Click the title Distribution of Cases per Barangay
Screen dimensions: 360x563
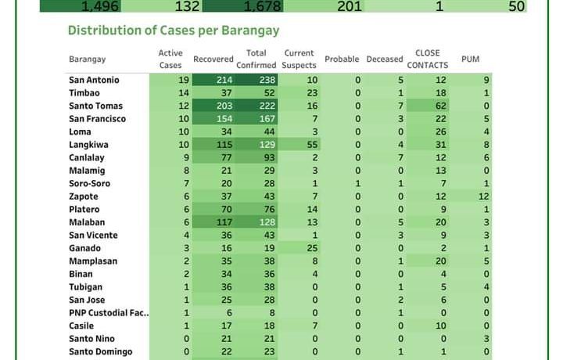click(174, 31)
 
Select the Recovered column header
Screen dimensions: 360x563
click(213, 59)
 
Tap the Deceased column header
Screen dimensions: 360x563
click(385, 59)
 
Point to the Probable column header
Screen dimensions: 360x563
click(342, 59)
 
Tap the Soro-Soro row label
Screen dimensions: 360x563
click(89, 183)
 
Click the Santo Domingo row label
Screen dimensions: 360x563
click(100, 351)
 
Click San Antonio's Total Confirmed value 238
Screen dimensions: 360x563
click(266, 80)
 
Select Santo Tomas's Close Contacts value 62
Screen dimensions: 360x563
click(441, 106)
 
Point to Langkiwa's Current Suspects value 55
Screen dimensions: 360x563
click(312, 145)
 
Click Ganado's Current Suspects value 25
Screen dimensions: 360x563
click(312, 248)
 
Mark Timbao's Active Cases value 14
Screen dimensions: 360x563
click(184, 93)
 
